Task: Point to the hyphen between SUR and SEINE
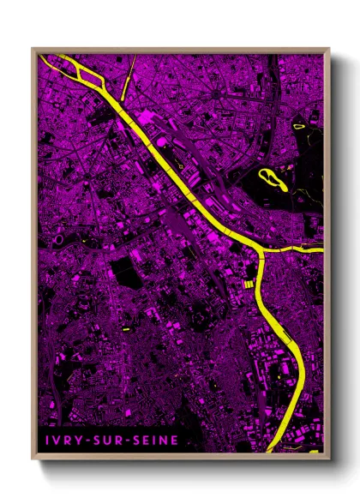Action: (x=123, y=440)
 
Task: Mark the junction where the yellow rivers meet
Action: (x=260, y=251)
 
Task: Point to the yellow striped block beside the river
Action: (x=248, y=283)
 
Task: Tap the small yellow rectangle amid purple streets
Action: (x=125, y=327)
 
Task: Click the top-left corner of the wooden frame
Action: (x=33, y=49)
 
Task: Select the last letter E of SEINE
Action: (x=175, y=440)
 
